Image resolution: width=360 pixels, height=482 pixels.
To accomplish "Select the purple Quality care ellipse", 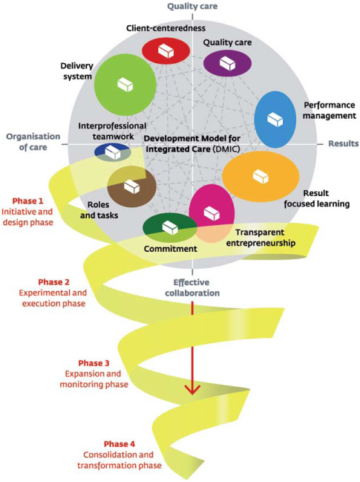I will pyautogui.click(x=228, y=64).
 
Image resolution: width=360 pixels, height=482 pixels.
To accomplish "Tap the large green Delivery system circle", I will pyautogui.click(x=125, y=85).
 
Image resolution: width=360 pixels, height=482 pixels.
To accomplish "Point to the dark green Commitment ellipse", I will pyautogui.click(x=169, y=227).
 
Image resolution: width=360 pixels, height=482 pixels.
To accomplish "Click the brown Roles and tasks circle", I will pyautogui.click(x=131, y=186).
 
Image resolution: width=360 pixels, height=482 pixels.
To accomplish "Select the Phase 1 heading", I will pyautogui.click(x=28, y=201).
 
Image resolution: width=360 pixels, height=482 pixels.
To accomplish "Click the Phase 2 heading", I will pyautogui.click(x=55, y=282).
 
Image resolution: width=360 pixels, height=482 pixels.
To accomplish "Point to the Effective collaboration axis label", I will pyautogui.click(x=192, y=287).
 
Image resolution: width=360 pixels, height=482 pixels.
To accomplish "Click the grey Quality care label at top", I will pyautogui.click(x=192, y=7).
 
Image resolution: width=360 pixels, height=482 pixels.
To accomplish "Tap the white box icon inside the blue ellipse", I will pyautogui.click(x=276, y=119).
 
